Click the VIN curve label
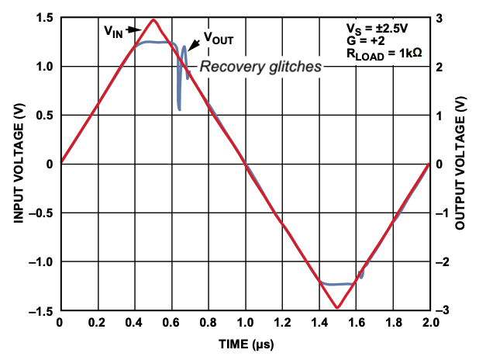pos(113,31)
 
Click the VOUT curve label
pos(219,36)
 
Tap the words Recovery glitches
pos(260,67)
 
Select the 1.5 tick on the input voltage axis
pos(44,18)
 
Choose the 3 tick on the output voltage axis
pos(440,18)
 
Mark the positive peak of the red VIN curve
pos(153,19)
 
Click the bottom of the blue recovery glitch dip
pos(180,109)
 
